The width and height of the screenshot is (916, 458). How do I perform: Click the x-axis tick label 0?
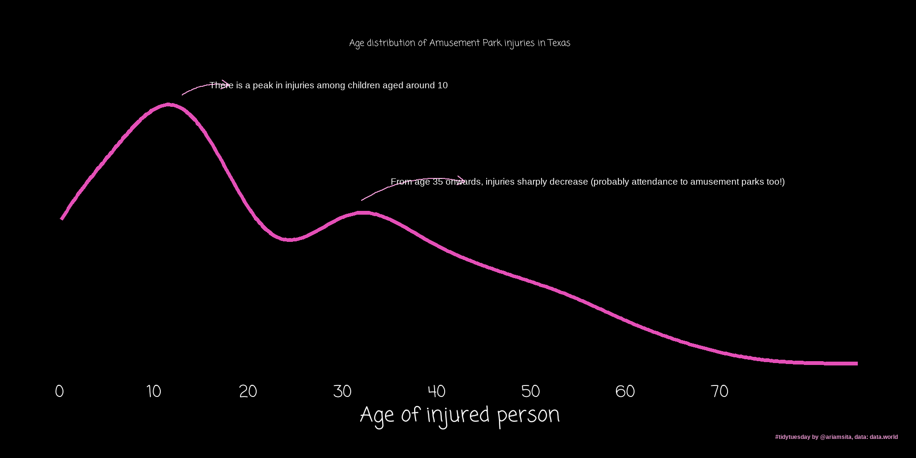(59, 391)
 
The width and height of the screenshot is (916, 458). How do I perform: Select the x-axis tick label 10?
(154, 391)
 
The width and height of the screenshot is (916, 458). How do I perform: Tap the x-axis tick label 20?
(248, 391)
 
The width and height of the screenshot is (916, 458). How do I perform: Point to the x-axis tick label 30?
(342, 391)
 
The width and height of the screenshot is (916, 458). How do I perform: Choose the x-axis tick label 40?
(437, 391)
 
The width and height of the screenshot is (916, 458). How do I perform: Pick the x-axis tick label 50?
(531, 391)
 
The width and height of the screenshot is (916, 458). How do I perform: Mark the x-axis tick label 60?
(625, 391)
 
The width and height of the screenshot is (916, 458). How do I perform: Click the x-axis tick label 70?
(719, 391)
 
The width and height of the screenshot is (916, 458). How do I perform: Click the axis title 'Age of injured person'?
(459, 415)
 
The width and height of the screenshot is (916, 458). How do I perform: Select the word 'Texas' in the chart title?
(559, 43)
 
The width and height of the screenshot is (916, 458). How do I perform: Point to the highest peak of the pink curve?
(168, 104)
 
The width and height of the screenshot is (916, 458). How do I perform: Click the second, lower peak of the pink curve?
(363, 212)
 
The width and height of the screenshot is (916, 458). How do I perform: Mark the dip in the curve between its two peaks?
(290, 239)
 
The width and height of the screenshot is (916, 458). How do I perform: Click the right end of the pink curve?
(856, 364)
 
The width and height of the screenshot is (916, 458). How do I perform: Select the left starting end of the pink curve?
(62, 219)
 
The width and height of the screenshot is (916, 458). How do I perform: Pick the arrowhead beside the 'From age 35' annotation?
(462, 180)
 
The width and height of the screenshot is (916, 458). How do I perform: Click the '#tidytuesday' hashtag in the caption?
(792, 437)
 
